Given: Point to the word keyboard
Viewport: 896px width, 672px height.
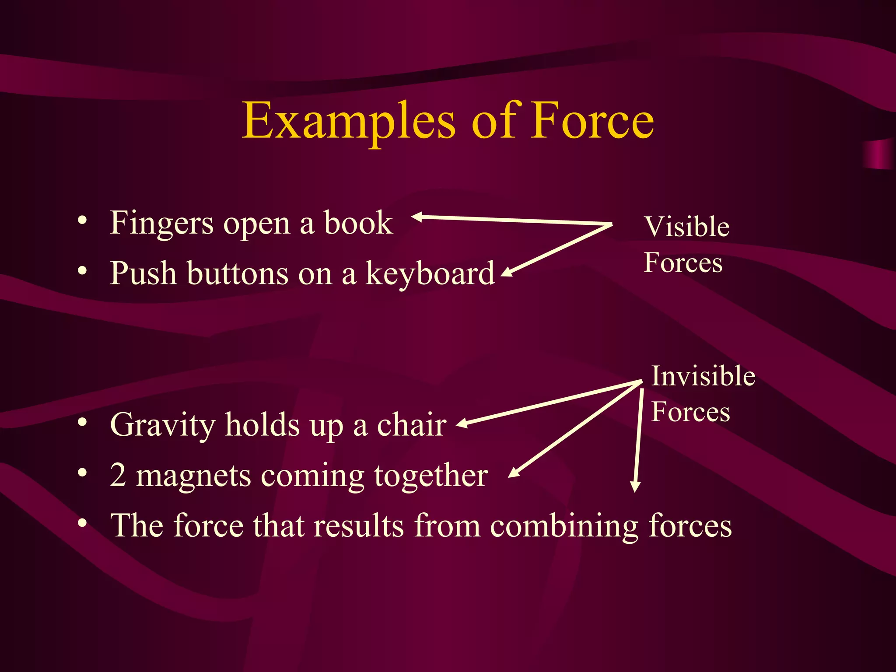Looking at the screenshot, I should [430, 273].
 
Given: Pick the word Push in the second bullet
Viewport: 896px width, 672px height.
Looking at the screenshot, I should [143, 273].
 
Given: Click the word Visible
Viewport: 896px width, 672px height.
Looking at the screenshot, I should [687, 227].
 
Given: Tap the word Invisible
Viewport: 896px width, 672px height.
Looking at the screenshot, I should [703, 376].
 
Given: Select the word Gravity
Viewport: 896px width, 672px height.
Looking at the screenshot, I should [162, 426].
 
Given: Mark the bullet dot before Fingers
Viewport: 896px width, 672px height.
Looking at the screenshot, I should [82, 220].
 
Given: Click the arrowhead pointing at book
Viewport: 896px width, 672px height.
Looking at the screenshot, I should [416, 217].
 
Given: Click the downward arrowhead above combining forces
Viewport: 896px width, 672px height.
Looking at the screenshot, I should [635, 486].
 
